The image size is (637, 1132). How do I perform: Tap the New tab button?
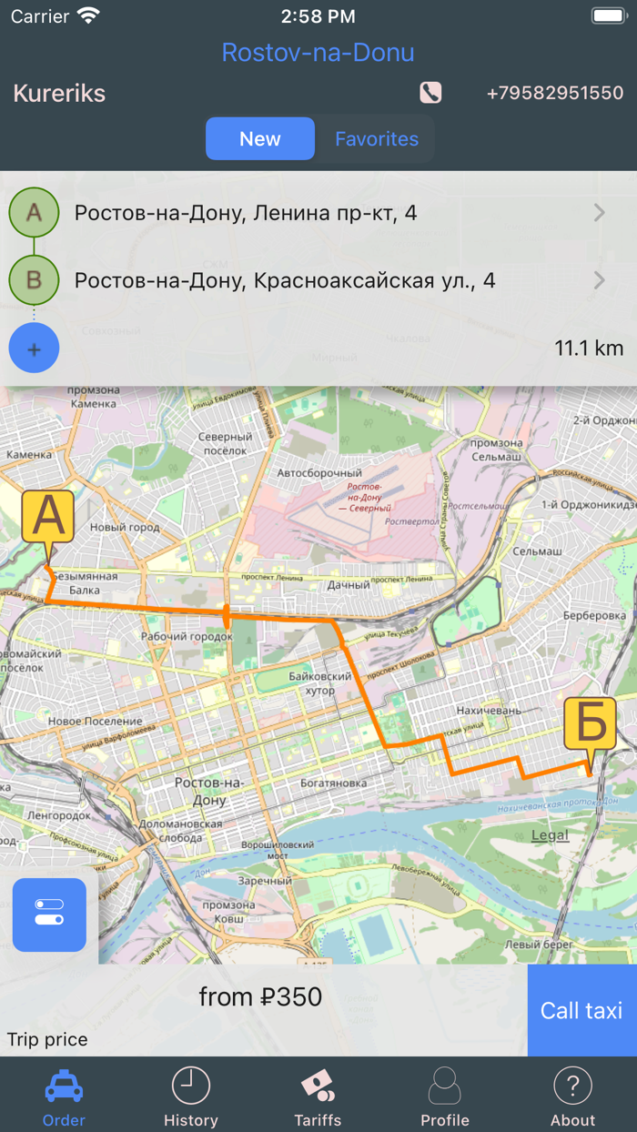pos(260,139)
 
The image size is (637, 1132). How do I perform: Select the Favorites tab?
pos(376,139)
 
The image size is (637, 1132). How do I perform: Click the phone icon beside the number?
pos(430,93)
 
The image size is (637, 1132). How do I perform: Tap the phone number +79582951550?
pos(555,93)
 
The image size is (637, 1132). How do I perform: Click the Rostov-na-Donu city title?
pos(318,53)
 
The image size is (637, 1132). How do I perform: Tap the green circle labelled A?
pos(34,213)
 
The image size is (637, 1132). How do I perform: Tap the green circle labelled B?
pos(34,280)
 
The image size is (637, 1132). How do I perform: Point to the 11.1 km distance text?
pos(589,349)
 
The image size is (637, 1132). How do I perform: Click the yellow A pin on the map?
pos(48,518)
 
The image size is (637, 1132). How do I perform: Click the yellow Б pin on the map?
pos(591,724)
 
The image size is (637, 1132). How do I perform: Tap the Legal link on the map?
pos(550,835)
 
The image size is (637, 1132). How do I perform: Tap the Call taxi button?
pos(581,1010)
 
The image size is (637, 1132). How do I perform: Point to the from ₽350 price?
pos(260,997)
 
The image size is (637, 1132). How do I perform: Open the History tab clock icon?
pos(191,1086)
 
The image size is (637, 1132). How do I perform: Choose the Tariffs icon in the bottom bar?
pos(318,1086)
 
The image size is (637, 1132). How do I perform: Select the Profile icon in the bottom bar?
pos(445,1086)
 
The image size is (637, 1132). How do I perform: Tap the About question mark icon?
pos(572,1086)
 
